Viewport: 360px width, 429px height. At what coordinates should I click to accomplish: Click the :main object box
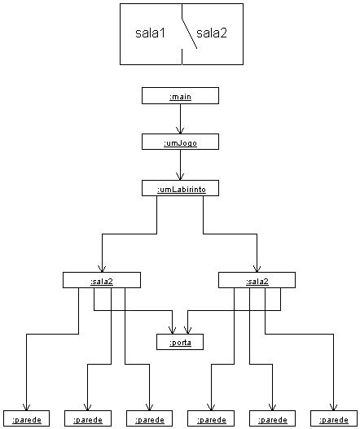(x=180, y=96)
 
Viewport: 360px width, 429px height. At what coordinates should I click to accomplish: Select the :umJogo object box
(x=180, y=142)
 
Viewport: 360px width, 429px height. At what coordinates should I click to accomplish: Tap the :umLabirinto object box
(x=180, y=188)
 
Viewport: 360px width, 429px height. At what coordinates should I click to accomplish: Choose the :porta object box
(x=180, y=342)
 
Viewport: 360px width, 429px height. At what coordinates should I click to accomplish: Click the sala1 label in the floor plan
(x=151, y=33)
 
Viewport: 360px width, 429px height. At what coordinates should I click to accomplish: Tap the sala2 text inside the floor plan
(x=212, y=33)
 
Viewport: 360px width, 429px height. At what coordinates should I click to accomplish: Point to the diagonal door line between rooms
(x=190, y=33)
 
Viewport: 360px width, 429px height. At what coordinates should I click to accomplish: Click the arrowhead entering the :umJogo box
(x=180, y=130)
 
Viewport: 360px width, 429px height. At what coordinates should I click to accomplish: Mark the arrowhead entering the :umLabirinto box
(x=180, y=177)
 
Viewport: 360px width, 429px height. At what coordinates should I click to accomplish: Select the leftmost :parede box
(x=27, y=418)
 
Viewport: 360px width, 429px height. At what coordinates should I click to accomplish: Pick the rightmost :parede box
(x=334, y=418)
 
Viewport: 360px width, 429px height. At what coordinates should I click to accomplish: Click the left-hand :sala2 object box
(x=102, y=280)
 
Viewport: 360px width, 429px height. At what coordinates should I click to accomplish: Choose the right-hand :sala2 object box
(x=257, y=280)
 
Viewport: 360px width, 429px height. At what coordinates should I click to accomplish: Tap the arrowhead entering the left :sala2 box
(x=102, y=269)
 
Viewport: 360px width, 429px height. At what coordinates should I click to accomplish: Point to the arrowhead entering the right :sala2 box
(x=257, y=269)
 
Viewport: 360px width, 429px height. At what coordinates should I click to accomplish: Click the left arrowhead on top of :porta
(x=172, y=331)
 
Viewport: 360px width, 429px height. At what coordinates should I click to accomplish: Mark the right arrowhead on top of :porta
(x=187, y=331)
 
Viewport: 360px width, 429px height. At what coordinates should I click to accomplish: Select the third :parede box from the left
(x=150, y=418)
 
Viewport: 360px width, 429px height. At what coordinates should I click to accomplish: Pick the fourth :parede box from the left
(x=211, y=418)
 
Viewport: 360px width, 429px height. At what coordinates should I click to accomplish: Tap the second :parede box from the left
(x=88, y=418)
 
